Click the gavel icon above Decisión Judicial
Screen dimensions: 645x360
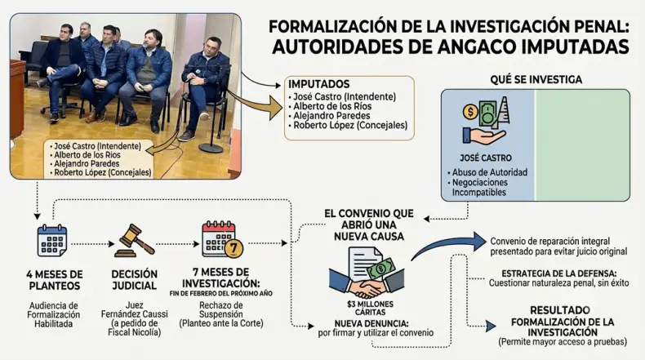click(x=135, y=241)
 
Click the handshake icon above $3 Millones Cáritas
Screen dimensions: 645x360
click(x=367, y=273)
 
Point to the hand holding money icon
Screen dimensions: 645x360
click(x=486, y=122)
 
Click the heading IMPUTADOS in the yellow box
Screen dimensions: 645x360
click(x=318, y=84)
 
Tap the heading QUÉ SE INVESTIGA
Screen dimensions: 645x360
click(x=536, y=79)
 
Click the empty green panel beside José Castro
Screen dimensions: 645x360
click(x=582, y=144)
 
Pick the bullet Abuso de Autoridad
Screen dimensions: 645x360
click(x=487, y=172)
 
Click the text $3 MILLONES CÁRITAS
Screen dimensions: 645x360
click(x=370, y=308)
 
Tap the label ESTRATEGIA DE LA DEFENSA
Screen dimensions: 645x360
click(x=558, y=273)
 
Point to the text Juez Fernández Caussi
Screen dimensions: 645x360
click(x=135, y=310)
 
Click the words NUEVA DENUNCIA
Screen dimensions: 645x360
click(x=371, y=323)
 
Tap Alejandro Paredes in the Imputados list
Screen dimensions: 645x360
click(x=331, y=116)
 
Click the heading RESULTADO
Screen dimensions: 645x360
click(x=560, y=310)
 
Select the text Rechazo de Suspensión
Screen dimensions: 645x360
click(x=221, y=310)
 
